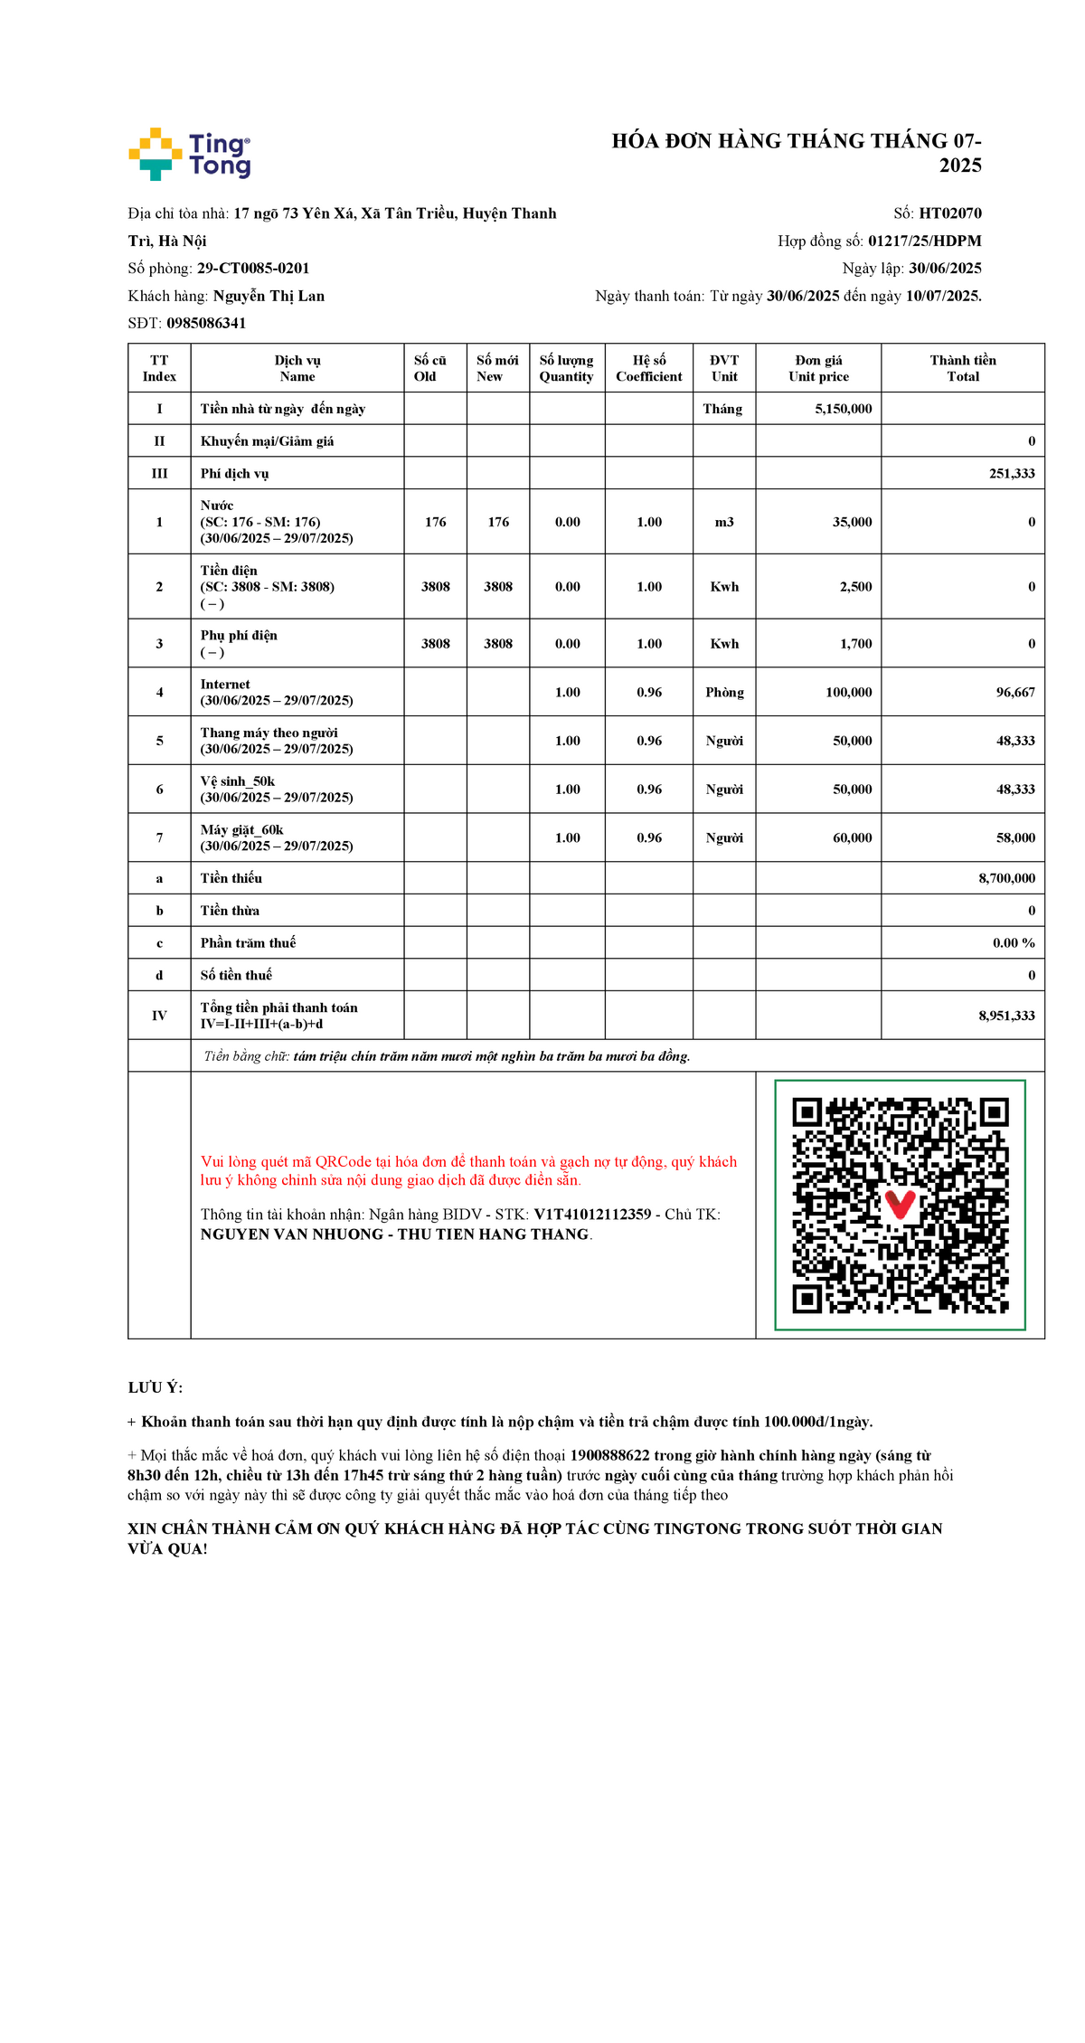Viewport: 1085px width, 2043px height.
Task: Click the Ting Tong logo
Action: pos(190,154)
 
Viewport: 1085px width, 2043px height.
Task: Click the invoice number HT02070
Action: pos(949,213)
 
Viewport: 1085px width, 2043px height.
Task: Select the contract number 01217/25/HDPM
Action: pos(924,241)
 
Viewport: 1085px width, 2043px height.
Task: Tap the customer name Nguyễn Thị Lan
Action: pos(269,296)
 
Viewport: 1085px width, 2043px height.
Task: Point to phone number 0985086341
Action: pos(206,323)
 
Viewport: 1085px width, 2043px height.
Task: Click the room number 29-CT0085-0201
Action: pos(253,269)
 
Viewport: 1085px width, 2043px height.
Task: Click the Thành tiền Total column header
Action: pos(962,368)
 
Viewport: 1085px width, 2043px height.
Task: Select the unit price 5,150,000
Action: pos(843,409)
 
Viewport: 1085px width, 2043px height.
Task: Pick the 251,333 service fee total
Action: pos(1011,473)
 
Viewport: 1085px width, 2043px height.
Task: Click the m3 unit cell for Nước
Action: pos(724,522)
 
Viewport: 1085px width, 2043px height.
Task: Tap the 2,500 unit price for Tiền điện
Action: pos(855,587)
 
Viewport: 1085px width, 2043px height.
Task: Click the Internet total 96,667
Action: pos(1014,692)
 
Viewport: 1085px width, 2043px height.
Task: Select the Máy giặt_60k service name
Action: pos(242,829)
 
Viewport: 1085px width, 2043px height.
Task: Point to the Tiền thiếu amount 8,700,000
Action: pos(1006,878)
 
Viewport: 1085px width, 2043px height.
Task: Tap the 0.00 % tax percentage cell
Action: pos(1013,942)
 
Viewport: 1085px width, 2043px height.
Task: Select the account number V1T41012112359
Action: pos(592,1215)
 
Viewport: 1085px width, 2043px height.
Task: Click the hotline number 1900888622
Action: pos(609,1455)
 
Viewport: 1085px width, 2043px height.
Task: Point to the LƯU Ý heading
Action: pos(155,1387)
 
